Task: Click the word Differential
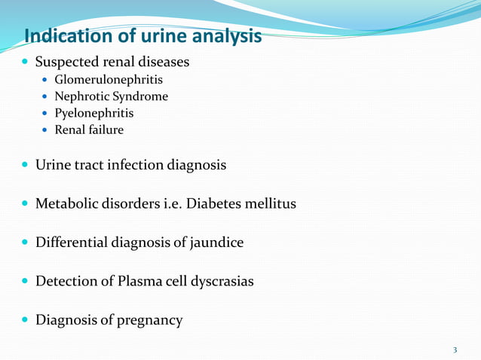point(72,243)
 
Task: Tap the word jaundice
point(216,243)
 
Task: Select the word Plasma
point(138,282)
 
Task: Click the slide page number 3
point(455,349)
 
